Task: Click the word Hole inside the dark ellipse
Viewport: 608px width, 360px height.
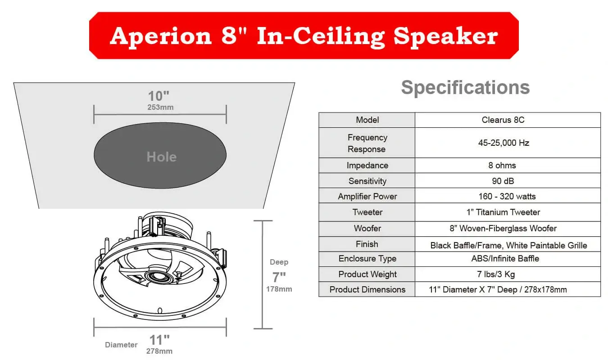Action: click(x=162, y=157)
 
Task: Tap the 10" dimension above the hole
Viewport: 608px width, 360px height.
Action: click(x=159, y=96)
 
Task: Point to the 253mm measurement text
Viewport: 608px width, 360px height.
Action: click(x=160, y=107)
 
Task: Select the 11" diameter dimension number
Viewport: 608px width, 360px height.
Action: click(x=159, y=340)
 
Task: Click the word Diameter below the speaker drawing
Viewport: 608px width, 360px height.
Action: click(x=121, y=345)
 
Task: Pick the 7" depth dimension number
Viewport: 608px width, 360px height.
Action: click(x=279, y=277)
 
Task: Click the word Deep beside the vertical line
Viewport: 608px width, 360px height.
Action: click(x=279, y=262)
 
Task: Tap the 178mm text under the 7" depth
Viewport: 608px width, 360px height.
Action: click(x=279, y=289)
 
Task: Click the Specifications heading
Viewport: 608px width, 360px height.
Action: click(x=466, y=87)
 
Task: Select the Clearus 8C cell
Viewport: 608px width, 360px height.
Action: click(x=503, y=120)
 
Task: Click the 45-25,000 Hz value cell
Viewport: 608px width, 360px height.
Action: click(x=504, y=143)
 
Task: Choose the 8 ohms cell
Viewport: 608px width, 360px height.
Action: click(x=502, y=166)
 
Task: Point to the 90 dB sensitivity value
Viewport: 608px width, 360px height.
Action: click(x=503, y=181)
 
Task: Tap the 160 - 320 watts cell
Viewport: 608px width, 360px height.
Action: click(x=507, y=196)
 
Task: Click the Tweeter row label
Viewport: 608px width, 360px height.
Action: click(x=367, y=212)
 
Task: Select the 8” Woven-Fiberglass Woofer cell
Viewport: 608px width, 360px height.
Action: click(x=503, y=229)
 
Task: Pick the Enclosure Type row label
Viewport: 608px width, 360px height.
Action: click(x=367, y=259)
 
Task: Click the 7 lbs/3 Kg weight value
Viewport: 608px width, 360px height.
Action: click(x=496, y=274)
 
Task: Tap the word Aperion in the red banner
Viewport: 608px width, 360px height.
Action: click(x=161, y=36)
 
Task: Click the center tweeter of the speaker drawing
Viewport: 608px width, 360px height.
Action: click(x=159, y=277)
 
